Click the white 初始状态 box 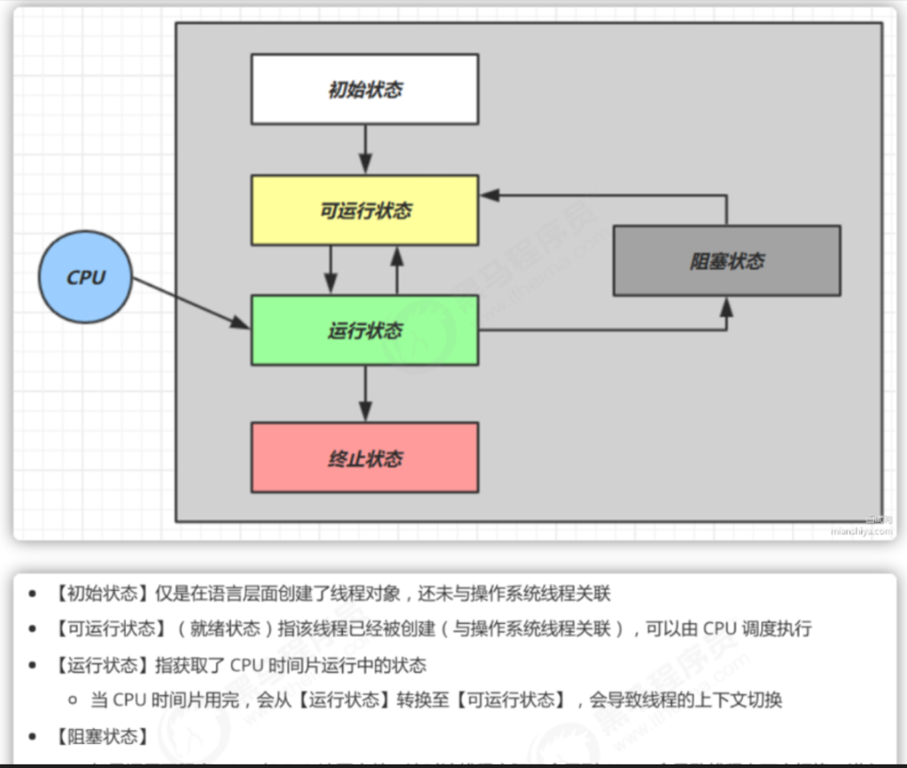click(x=364, y=88)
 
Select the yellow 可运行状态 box click(x=364, y=210)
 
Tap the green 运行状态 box click(x=364, y=330)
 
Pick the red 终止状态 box click(x=364, y=457)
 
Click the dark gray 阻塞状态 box click(x=726, y=260)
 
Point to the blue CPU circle click(x=85, y=277)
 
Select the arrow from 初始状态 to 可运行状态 click(x=365, y=149)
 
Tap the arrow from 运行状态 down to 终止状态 click(x=365, y=393)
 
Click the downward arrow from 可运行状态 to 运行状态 click(x=331, y=269)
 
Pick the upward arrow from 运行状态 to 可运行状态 click(x=397, y=269)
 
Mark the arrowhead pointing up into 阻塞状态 click(x=727, y=306)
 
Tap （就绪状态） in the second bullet click(x=221, y=629)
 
